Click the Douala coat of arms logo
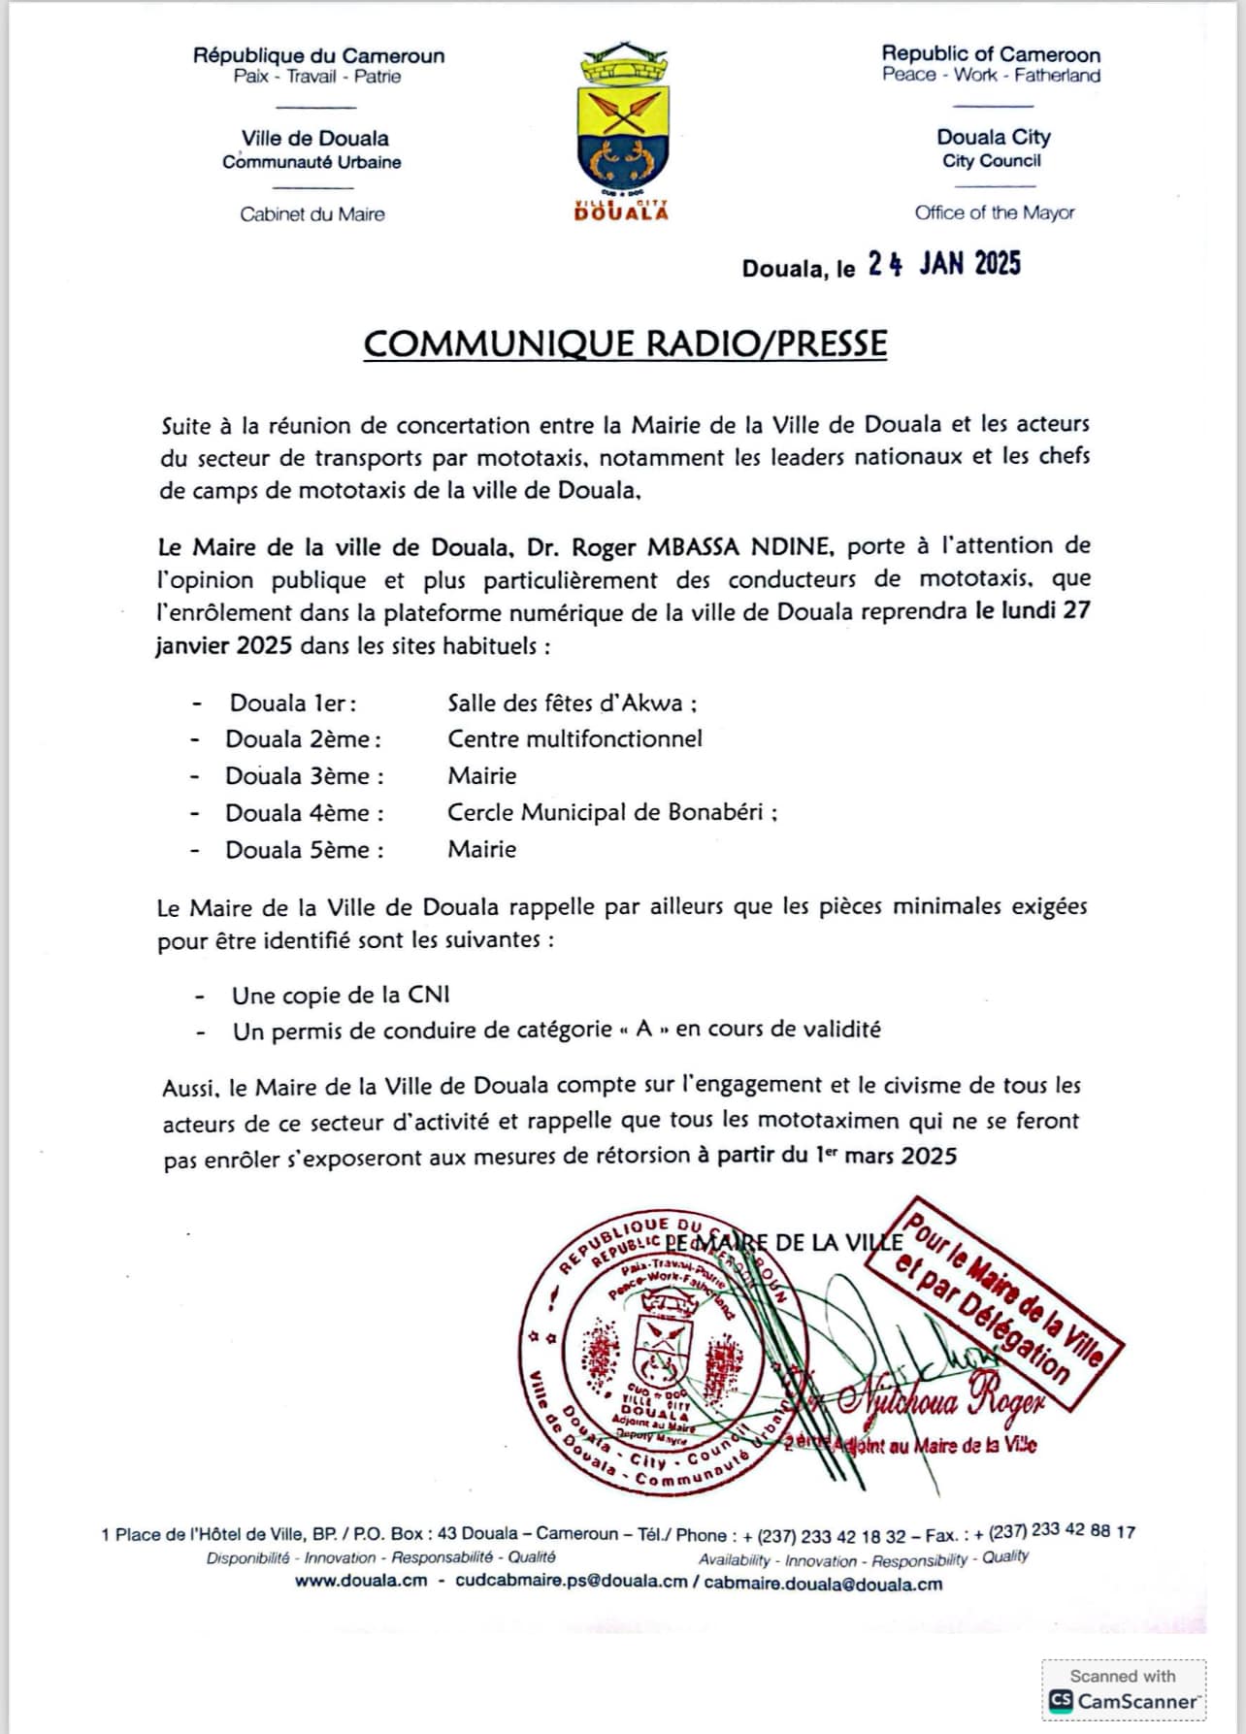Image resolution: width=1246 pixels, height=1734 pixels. pyautogui.click(x=621, y=131)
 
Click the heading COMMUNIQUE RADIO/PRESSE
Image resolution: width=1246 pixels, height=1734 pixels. pyautogui.click(x=625, y=344)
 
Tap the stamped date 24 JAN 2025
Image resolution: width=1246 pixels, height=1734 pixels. pyautogui.click(x=943, y=264)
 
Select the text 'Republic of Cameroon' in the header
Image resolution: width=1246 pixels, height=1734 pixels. pyautogui.click(x=991, y=54)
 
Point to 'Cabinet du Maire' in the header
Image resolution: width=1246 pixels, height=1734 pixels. pyautogui.click(x=311, y=214)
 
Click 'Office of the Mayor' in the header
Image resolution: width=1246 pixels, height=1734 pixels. pyautogui.click(x=994, y=213)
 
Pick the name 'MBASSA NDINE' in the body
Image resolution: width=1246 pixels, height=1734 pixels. pyautogui.click(x=739, y=546)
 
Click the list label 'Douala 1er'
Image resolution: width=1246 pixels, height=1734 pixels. pyautogui.click(x=292, y=703)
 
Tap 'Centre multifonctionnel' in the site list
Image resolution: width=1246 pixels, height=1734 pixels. pyautogui.click(x=574, y=738)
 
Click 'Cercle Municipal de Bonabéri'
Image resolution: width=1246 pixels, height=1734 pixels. pyautogui.click(x=606, y=812)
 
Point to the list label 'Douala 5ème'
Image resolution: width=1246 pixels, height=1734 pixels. pyautogui.click(x=304, y=850)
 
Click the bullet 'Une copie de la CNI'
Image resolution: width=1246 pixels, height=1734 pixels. pyautogui.click(x=341, y=995)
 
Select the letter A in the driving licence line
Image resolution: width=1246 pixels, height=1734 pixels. pyautogui.click(x=643, y=1030)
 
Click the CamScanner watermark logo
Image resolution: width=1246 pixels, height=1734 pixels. pyautogui.click(x=1059, y=1701)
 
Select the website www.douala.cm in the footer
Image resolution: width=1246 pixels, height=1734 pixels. pyautogui.click(x=361, y=1583)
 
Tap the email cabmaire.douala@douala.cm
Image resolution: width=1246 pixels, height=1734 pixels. pyautogui.click(x=823, y=1583)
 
